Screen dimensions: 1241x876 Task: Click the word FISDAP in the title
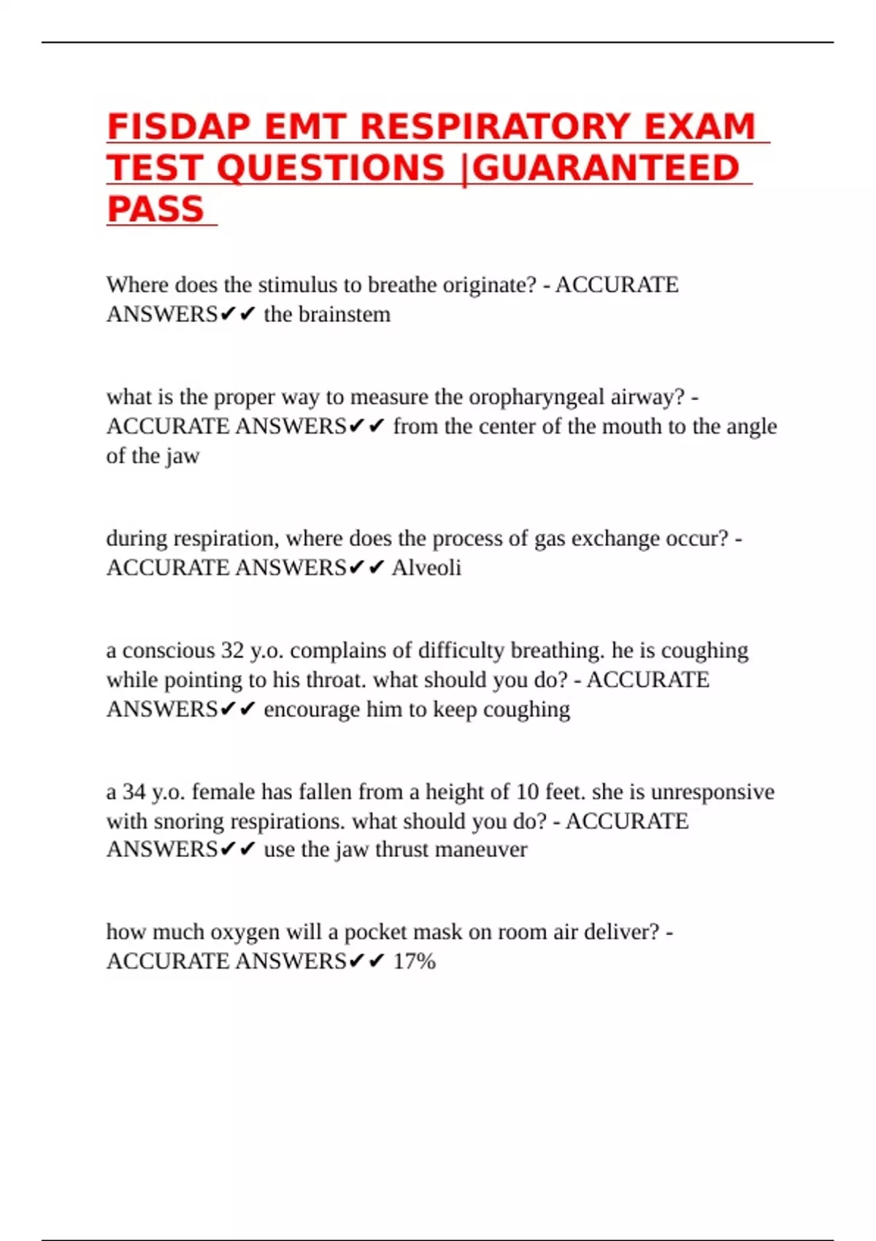[178, 126]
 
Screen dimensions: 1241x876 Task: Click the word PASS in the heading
[155, 210]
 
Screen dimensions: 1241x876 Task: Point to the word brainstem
[345, 315]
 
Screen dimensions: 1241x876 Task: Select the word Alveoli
[426, 568]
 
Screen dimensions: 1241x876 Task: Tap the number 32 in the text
[232, 650]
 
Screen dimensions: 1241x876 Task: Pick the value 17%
[414, 961]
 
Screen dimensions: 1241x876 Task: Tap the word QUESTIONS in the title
[331, 168]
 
